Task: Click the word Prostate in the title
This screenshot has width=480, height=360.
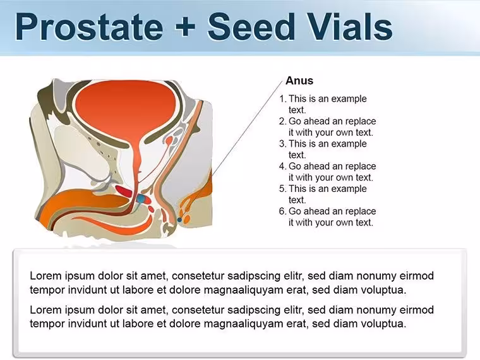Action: [89, 27]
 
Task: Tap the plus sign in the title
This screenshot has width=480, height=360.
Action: [185, 27]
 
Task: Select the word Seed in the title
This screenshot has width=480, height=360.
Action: [251, 27]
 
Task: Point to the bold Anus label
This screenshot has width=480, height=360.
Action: [299, 80]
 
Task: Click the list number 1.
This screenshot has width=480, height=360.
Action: [282, 99]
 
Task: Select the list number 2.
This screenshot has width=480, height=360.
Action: [282, 121]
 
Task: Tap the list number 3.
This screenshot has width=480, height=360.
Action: [282, 143]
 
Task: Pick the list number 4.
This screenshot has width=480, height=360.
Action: [282, 166]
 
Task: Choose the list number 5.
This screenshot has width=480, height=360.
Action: [282, 189]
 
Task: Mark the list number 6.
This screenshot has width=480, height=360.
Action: [282, 211]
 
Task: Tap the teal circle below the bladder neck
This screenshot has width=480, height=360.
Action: [141, 199]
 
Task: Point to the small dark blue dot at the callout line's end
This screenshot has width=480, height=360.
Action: [179, 220]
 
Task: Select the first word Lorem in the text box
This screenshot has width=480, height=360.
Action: [45, 275]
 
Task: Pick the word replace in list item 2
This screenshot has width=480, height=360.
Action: [360, 121]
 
